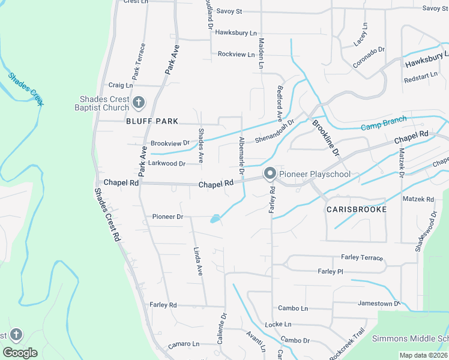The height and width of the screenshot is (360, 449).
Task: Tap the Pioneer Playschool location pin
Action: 270,174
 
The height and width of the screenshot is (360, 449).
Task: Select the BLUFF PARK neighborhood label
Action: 152,121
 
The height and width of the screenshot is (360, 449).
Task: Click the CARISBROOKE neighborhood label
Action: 356,209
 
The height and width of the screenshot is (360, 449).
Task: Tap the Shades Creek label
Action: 26,89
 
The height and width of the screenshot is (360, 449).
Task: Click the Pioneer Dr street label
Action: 167,217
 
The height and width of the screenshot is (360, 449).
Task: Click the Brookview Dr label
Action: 170,143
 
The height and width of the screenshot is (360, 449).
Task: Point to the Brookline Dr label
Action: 326,138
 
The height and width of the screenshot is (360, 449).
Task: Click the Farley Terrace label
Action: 362,257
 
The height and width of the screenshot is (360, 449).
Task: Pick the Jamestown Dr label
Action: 379,304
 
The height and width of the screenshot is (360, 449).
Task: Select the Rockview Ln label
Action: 232,54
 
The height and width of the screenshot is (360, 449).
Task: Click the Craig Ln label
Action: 120,85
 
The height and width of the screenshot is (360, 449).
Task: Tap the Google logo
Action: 20,352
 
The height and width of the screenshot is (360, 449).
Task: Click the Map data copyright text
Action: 423,355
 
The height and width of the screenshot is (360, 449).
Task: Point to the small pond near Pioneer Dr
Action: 214,219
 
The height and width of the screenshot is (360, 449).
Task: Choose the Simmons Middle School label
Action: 410,339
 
